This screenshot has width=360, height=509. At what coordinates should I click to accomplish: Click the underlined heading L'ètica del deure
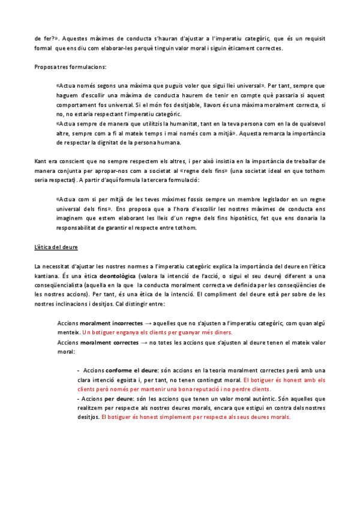pyautogui.click(x=56, y=247)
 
